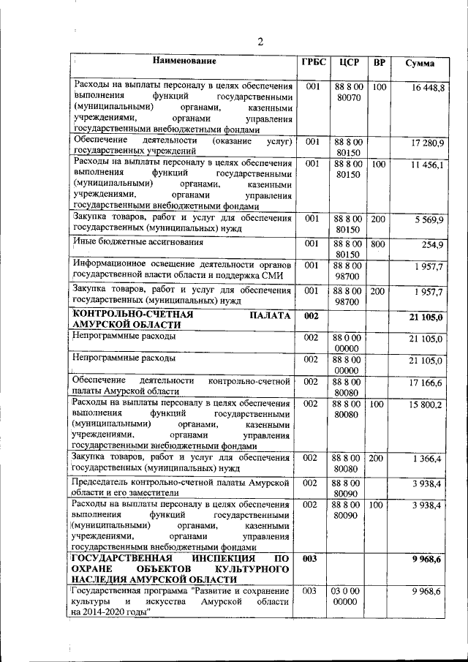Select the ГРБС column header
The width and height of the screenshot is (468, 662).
pos(313,63)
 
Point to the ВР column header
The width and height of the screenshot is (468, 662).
pos(379,63)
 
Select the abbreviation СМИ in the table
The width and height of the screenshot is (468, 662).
pos(277,274)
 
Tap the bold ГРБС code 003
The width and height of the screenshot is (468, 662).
pos(311,560)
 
